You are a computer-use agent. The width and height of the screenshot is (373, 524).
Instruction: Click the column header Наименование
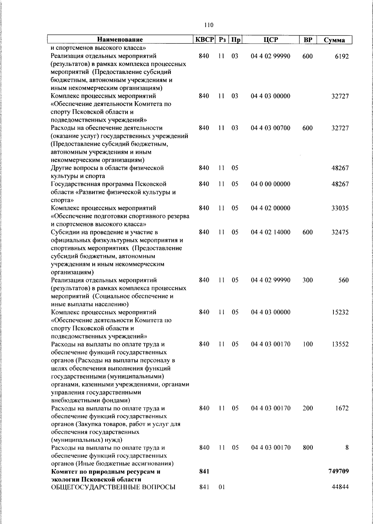point(120,39)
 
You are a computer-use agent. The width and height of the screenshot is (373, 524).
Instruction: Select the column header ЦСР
point(270,39)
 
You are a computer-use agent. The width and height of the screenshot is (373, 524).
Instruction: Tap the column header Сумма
point(334,40)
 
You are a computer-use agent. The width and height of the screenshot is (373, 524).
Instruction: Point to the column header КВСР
point(204,39)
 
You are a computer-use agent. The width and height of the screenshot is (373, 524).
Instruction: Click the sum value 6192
point(342,56)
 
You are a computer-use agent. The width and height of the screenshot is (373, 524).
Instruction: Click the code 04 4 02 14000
point(270,232)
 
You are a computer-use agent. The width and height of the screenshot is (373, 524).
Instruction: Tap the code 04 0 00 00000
point(270,184)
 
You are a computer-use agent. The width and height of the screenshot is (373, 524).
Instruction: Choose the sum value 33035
point(340,208)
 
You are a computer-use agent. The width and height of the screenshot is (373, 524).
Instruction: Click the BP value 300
point(307,280)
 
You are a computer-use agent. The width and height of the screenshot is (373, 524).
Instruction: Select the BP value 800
point(307,448)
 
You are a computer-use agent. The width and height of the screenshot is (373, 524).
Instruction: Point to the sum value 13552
point(340,344)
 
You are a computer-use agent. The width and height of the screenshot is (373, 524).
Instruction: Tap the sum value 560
point(343,280)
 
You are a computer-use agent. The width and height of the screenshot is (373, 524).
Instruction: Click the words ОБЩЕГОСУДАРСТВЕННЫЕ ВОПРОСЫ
point(113,487)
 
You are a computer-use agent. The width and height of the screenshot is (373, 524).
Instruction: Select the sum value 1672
point(342,408)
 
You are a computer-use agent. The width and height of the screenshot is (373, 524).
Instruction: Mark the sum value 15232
point(340,312)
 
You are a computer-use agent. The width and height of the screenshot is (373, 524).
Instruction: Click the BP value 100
point(307,344)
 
